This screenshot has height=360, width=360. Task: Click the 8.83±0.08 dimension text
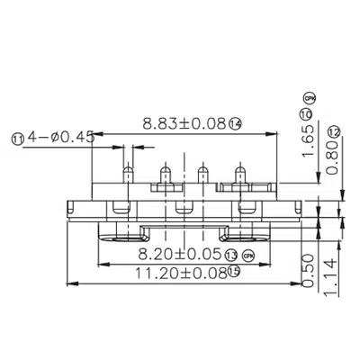(x=182, y=122)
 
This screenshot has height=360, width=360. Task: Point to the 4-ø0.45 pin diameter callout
(x=56, y=138)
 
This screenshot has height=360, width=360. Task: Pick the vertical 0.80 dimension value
(x=334, y=159)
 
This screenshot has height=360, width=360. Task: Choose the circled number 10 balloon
(x=306, y=114)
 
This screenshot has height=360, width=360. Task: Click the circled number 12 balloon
(x=334, y=131)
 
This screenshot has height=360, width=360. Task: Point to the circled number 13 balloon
(x=231, y=255)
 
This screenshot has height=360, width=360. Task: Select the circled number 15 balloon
(x=233, y=272)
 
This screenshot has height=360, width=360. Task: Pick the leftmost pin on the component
(x=128, y=174)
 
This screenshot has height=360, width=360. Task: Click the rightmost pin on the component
(x=238, y=174)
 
